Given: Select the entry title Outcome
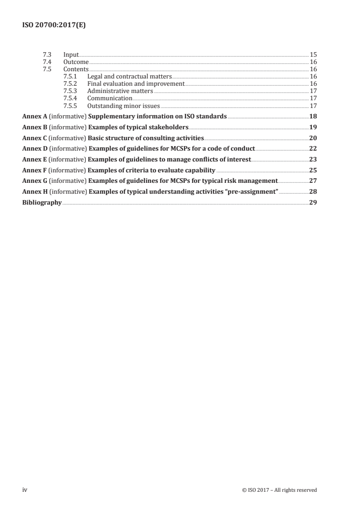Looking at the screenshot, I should point(76,62).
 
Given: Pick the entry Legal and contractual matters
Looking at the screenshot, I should point(129,76).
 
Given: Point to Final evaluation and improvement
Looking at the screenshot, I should point(136,83).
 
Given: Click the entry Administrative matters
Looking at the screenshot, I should point(120,91).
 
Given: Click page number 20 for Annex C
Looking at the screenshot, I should point(313,138).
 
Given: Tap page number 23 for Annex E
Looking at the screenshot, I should point(313,160).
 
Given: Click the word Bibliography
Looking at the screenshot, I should point(42,203).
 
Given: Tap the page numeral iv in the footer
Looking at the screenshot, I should point(25,490).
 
